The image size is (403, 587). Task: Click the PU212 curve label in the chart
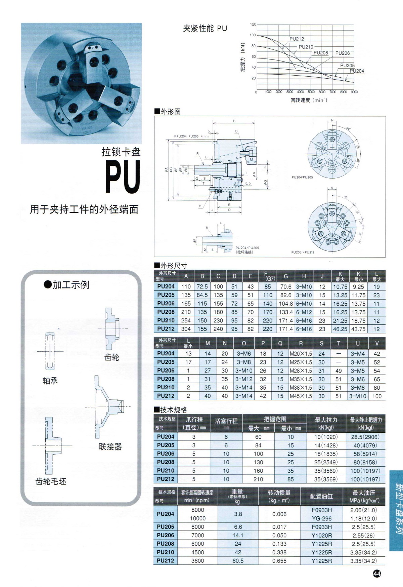tap(297, 39)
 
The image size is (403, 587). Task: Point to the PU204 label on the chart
tap(357, 71)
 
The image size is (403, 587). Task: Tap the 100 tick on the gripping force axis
tap(253, 35)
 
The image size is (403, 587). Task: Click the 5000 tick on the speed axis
tap(311, 92)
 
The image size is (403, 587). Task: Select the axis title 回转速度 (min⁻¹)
tap(309, 100)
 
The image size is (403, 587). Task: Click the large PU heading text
tap(122, 177)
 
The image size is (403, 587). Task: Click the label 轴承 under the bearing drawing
tap(50, 381)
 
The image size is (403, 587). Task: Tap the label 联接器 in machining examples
tap(110, 446)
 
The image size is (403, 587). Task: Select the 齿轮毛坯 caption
tap(51, 481)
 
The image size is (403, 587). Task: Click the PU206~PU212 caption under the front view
tap(303, 252)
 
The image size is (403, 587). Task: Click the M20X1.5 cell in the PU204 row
tap(301, 354)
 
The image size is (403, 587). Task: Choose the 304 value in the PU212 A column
tap(186, 329)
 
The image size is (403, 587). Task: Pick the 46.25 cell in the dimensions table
tap(340, 329)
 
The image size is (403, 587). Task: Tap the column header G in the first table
tap(286, 276)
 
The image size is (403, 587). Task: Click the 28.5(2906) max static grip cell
tap(365, 437)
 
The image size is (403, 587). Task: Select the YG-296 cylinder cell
tap(321, 518)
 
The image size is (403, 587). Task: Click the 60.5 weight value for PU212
tap(238, 561)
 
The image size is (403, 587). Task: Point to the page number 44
tap(377, 574)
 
